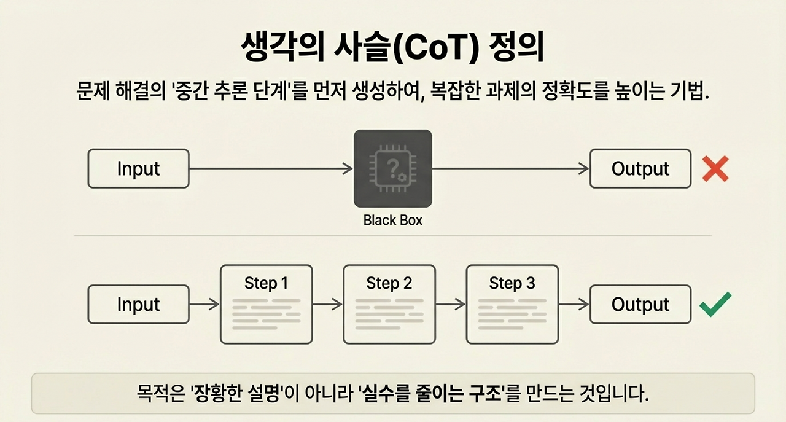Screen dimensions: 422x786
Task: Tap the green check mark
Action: (715, 304)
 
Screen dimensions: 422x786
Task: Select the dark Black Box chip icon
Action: (392, 168)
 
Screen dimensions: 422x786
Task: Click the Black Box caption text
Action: (392, 220)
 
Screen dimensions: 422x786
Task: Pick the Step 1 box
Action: (266, 304)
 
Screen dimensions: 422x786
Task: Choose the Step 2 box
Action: (389, 304)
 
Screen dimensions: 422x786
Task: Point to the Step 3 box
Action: (512, 304)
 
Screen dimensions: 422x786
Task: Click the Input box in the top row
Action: (138, 169)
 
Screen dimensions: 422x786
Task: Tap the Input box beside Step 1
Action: (138, 305)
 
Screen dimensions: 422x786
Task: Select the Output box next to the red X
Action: (640, 169)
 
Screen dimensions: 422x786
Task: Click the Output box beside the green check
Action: (640, 305)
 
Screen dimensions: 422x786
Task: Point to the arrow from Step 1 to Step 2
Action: (327, 305)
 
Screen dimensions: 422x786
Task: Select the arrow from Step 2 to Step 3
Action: (451, 305)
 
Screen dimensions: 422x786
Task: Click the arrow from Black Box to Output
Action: (510, 169)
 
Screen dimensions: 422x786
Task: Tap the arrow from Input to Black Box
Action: (271, 169)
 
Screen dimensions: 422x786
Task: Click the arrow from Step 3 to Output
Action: (574, 305)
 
